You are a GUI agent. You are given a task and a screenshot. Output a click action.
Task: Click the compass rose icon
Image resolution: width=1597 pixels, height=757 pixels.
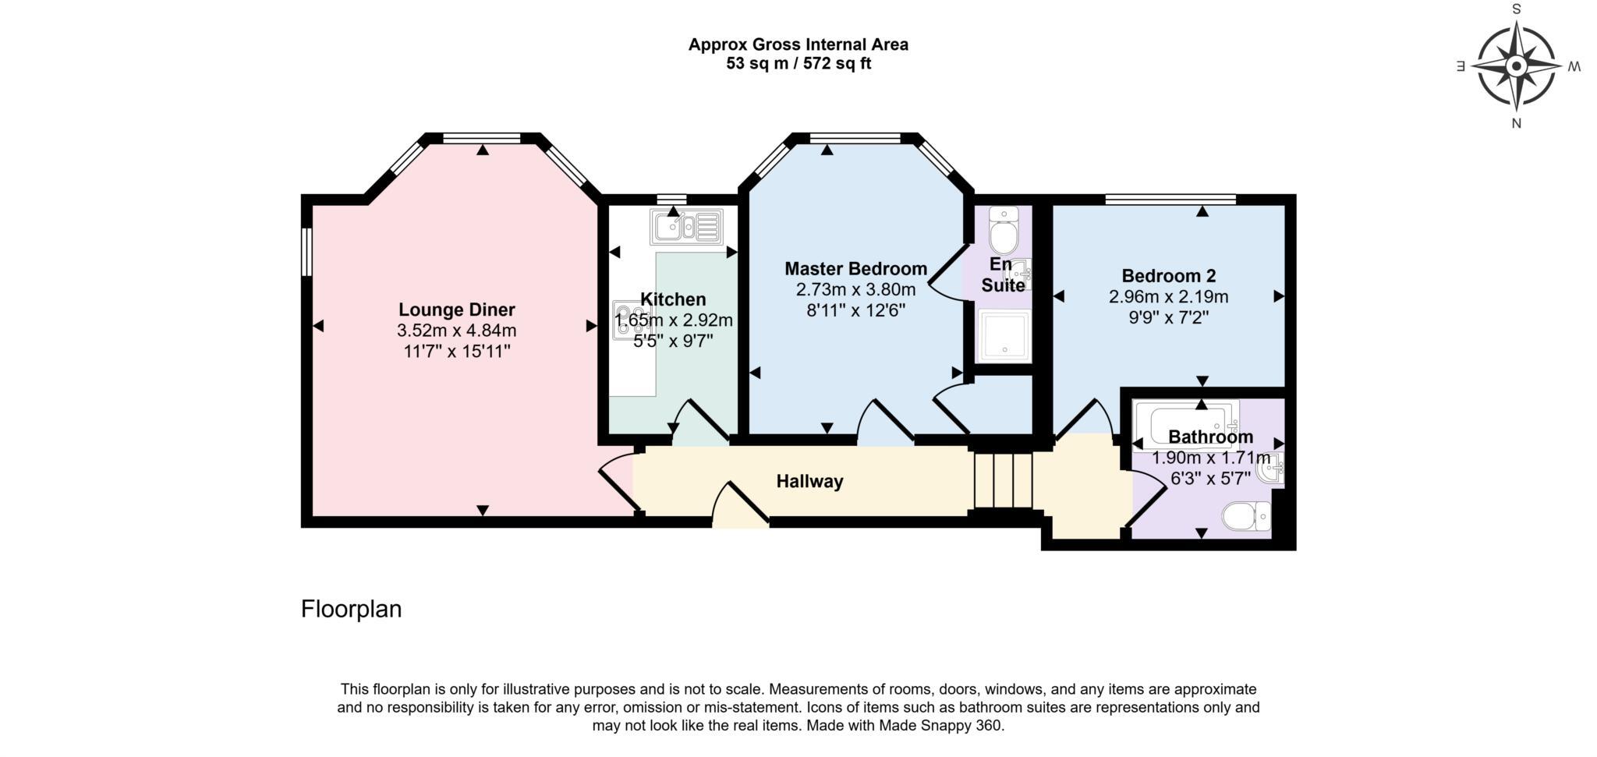(1516, 66)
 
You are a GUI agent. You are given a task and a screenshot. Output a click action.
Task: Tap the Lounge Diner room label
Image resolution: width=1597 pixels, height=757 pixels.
(457, 310)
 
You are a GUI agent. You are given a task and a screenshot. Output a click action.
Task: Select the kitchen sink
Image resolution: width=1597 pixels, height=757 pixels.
(686, 227)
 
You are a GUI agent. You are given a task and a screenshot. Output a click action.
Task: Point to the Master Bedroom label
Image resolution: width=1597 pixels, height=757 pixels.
(856, 269)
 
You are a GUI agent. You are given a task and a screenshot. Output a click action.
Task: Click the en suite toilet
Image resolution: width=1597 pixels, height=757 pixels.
(1000, 227)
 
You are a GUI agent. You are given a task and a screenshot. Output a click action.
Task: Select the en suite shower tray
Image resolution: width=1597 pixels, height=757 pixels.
(1004, 337)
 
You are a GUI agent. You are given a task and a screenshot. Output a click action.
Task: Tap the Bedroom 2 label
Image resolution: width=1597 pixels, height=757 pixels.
(1169, 276)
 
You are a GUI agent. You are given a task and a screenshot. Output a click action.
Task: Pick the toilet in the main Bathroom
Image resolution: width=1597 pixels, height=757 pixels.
(1246, 516)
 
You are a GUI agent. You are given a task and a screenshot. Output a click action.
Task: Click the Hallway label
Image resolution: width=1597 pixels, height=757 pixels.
(809, 482)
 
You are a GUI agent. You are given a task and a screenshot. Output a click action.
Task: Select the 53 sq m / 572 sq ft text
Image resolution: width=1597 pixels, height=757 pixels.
(798, 64)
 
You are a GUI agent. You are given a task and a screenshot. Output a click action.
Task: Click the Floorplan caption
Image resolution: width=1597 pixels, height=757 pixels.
(352, 609)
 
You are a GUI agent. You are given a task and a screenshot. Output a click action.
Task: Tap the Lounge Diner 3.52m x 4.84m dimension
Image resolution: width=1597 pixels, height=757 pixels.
(457, 331)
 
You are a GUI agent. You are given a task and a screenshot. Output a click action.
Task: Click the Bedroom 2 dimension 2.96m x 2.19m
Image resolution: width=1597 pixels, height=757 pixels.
(1169, 297)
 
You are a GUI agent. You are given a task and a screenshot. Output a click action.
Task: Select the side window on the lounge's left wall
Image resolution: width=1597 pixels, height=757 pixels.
(307, 251)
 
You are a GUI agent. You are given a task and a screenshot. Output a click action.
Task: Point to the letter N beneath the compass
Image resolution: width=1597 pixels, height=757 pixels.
(1517, 123)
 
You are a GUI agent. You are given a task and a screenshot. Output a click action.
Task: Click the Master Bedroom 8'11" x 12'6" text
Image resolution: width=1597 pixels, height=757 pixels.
(856, 310)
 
